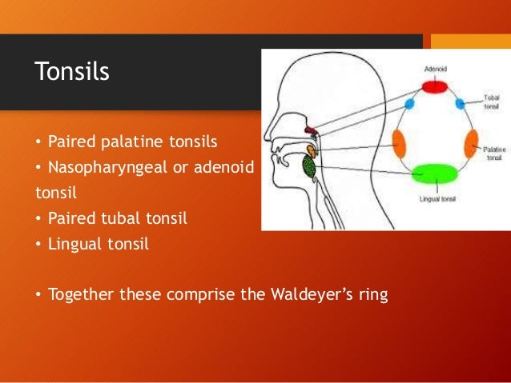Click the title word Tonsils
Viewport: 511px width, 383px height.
pos(72,72)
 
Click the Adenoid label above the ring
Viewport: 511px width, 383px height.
pos(435,70)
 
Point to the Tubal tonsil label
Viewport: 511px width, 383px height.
pos(491,102)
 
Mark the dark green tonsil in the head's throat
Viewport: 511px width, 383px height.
pos(308,166)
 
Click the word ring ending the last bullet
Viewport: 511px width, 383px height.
pos(372,294)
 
